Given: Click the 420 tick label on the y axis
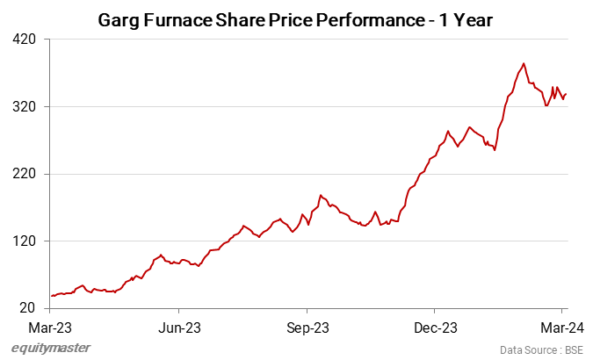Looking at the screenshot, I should coord(25,40).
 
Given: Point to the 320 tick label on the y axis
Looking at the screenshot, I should coord(25,107).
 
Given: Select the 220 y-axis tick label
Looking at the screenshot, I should coord(25,174).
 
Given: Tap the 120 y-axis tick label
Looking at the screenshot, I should coord(25,241).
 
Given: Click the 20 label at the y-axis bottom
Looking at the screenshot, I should coord(29,308).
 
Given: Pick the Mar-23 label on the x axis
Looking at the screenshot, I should coord(50,328).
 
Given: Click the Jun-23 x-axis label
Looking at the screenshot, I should coord(178,328).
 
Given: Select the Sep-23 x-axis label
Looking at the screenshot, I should coord(307,328).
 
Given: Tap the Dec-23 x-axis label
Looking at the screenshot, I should coord(435,328).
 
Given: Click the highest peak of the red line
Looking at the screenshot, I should coord(524,63).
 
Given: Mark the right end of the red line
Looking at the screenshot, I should coord(567,94).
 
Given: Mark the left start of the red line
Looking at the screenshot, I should coord(51,296).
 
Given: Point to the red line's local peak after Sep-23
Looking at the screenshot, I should coord(322,195).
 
